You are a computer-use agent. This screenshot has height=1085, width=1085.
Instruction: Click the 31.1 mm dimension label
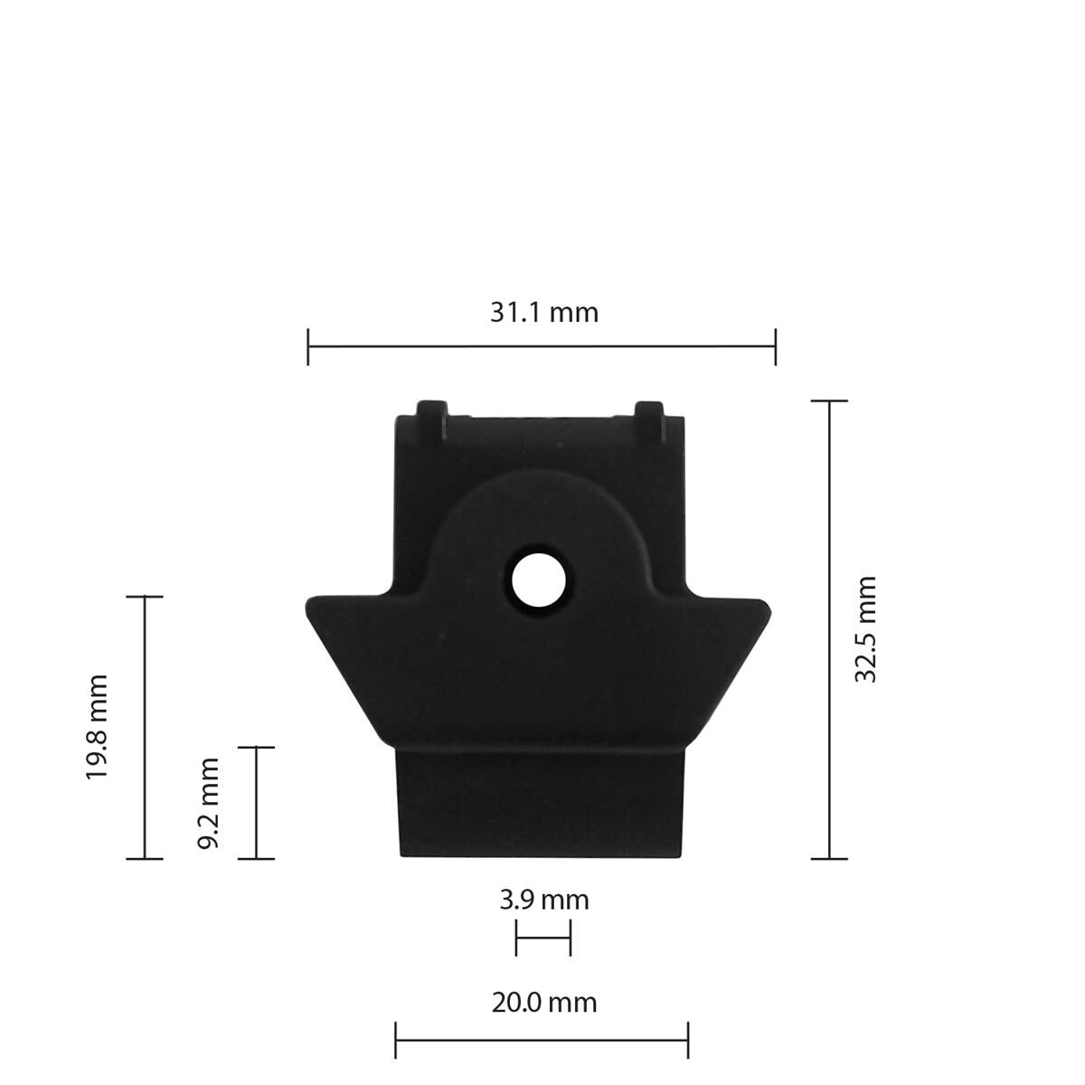point(543,313)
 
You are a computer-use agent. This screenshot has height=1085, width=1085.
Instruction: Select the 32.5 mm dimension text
point(865,628)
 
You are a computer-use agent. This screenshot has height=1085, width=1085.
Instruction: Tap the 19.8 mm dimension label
point(97,727)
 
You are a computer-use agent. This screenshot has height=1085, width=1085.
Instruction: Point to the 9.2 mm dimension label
point(209,803)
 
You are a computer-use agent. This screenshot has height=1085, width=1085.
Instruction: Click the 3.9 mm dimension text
point(543,900)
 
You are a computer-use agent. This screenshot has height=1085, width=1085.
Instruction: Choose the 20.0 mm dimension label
point(543,1003)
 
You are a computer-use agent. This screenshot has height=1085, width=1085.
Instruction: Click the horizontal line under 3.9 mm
point(542,938)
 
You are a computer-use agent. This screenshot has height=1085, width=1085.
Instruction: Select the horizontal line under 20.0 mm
point(542,1040)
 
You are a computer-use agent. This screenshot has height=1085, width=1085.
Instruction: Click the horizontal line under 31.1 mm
point(542,346)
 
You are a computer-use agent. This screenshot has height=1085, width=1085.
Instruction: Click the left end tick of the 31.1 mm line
point(308,346)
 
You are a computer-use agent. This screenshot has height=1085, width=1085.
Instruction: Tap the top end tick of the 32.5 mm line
point(829,401)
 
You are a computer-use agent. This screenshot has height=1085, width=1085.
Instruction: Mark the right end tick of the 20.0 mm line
point(688,1040)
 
